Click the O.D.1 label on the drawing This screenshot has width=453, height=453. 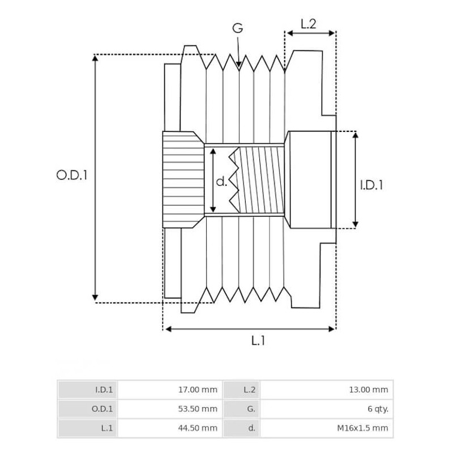[72, 176]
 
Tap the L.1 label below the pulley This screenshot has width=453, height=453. [258, 340]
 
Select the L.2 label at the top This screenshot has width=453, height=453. [309, 24]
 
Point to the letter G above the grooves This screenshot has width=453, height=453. [238, 28]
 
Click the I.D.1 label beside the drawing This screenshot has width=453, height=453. [371, 185]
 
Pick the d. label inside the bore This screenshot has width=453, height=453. [221, 182]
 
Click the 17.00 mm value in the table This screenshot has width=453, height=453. [198, 390]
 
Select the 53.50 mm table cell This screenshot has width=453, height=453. [198, 409]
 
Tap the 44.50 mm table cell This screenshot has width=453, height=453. [198, 428]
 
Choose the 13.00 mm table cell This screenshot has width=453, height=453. [369, 390]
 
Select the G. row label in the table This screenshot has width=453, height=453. [250, 409]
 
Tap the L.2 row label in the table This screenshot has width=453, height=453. [250, 390]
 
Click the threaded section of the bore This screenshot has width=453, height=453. [262, 180]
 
